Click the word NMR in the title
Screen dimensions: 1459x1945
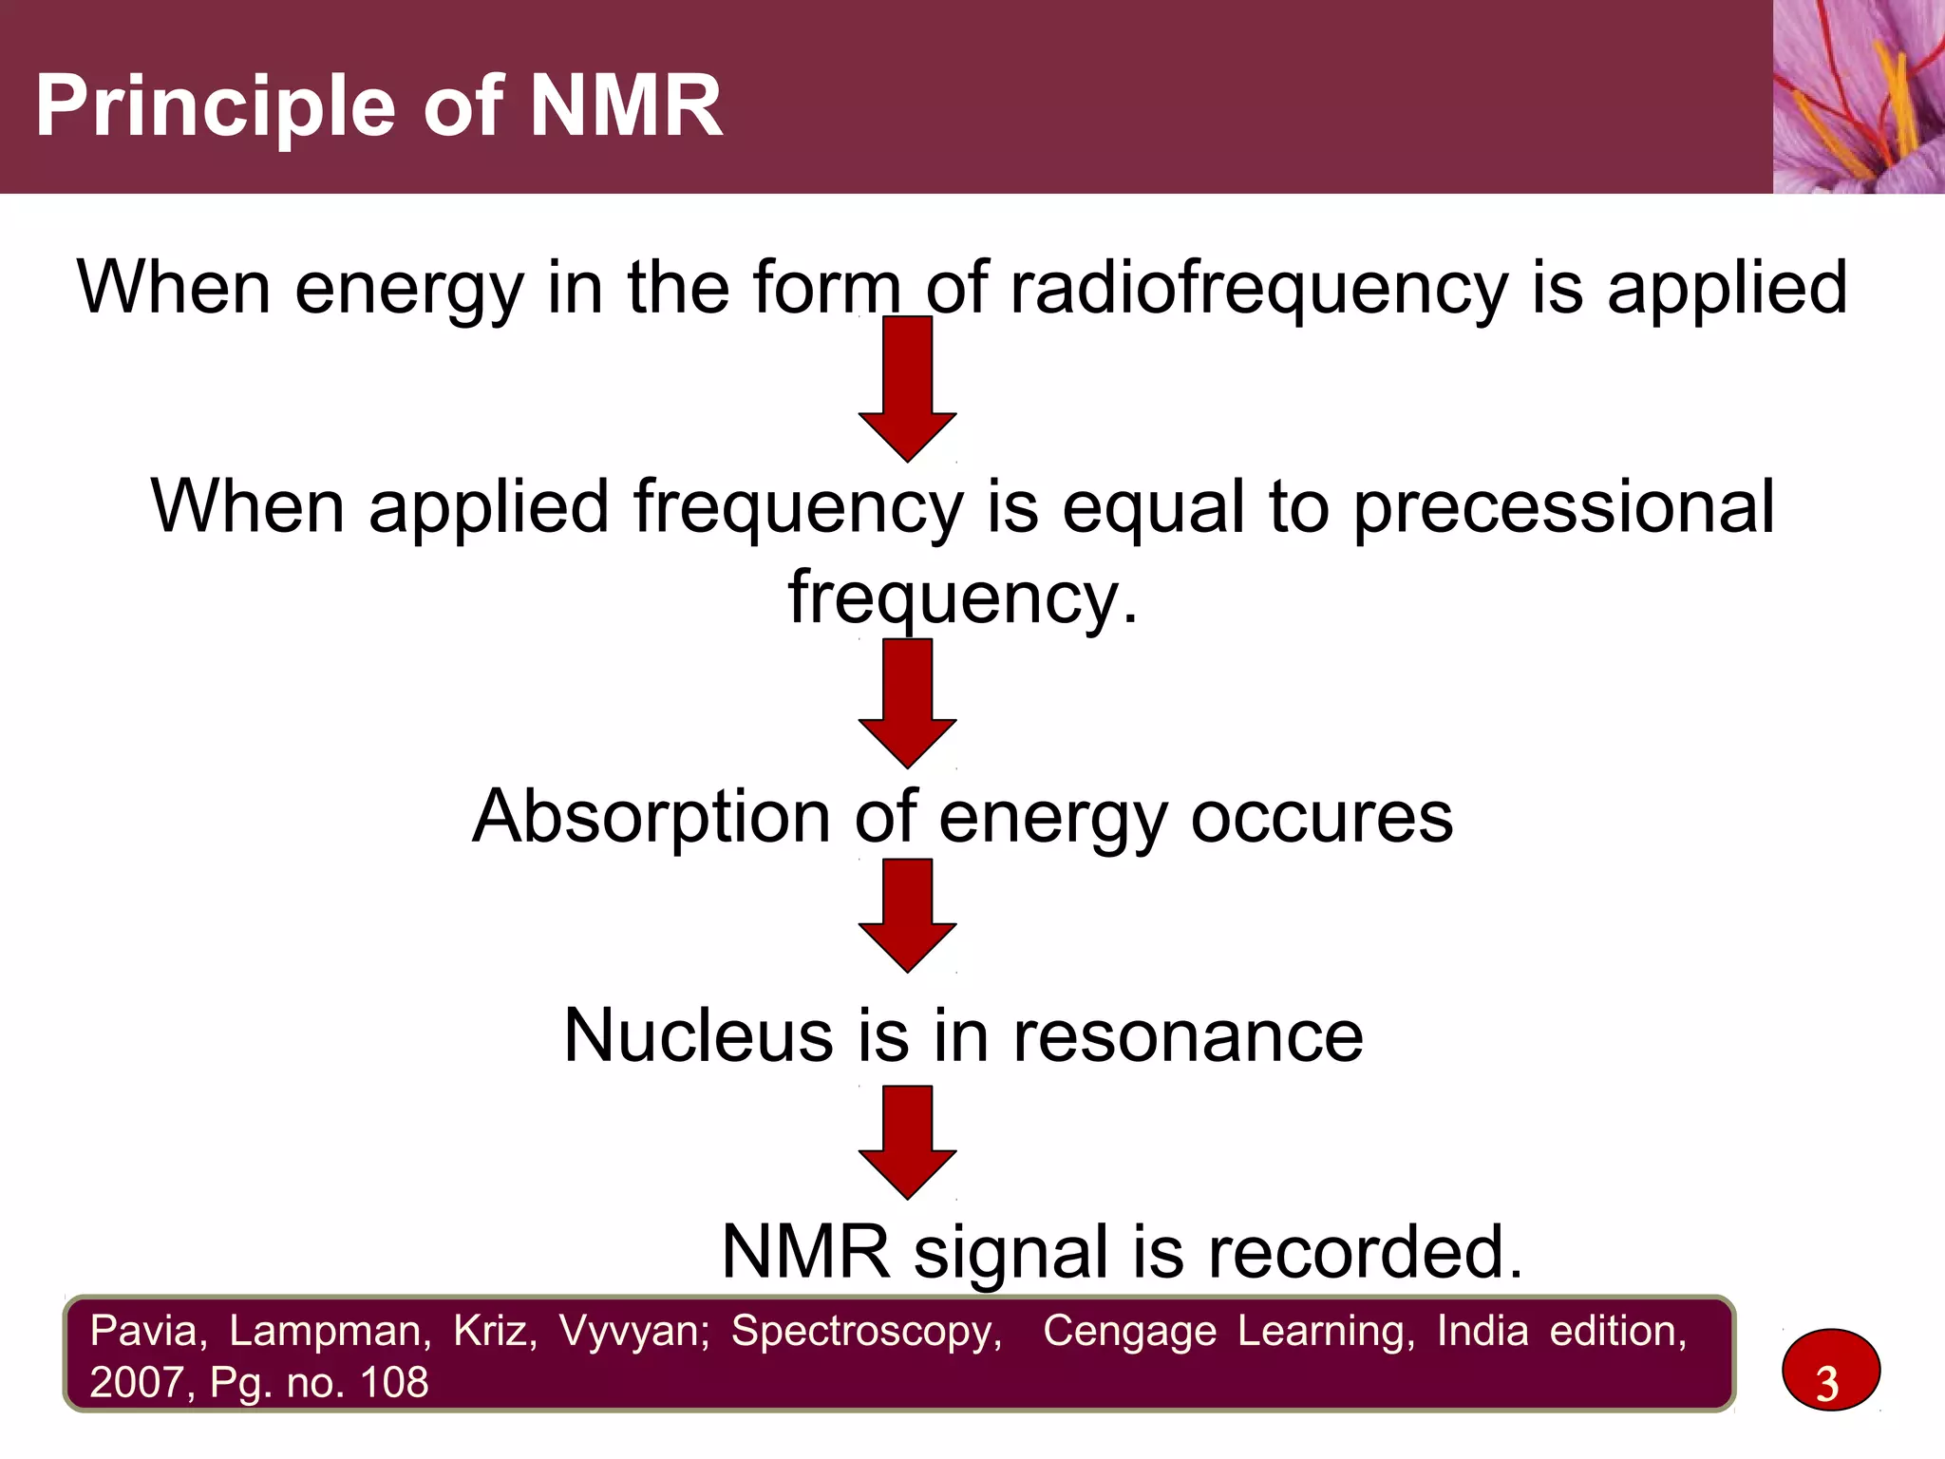(625, 106)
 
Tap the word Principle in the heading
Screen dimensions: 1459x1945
(214, 108)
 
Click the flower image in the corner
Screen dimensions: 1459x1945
(1858, 96)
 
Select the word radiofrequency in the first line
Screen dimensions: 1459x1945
(1258, 288)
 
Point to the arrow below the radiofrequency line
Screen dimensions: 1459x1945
(907, 390)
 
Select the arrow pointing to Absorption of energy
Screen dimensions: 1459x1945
(907, 704)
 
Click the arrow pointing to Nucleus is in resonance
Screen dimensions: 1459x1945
(907, 916)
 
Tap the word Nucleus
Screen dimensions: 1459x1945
(698, 1036)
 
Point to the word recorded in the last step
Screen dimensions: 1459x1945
(1364, 1253)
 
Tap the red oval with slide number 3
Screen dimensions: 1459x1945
(1830, 1371)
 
